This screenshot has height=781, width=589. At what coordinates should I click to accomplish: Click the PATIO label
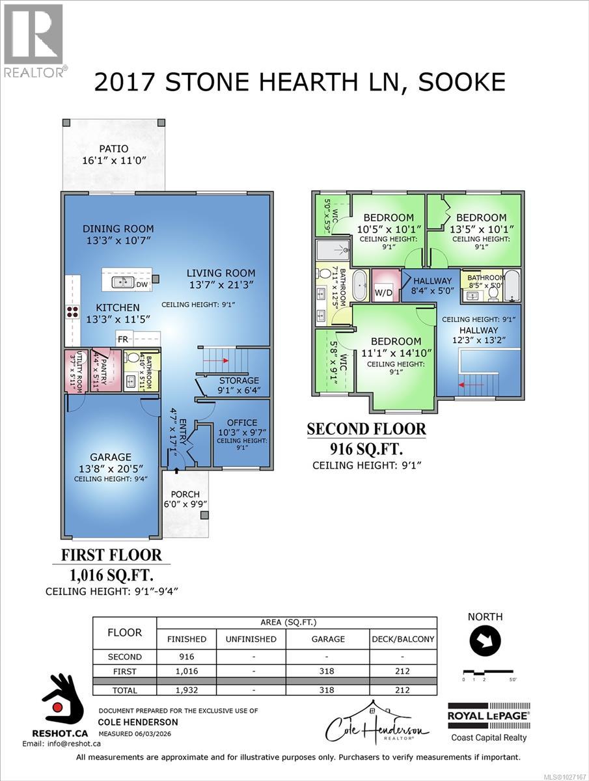point(113,149)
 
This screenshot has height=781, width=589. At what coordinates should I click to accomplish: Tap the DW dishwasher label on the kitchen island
point(142,283)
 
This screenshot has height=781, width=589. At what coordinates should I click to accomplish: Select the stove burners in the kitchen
point(72,311)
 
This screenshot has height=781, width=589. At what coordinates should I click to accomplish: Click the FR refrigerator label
point(122,338)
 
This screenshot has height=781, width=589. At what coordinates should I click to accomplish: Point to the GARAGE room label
point(111,457)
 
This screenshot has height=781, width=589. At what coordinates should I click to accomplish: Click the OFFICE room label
point(241,422)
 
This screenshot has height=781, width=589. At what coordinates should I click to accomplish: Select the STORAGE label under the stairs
point(239,380)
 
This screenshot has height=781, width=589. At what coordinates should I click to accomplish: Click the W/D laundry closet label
point(384,293)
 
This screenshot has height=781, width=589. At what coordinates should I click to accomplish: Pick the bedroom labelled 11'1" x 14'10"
point(396,342)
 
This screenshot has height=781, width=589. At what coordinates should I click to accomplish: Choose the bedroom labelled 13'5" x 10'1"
point(481,217)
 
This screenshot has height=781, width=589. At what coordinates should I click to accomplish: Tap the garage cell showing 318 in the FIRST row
point(328,670)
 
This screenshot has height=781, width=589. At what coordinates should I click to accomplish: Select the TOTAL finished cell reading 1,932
point(187,690)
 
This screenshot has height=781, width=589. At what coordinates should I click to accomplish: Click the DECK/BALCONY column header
point(403,639)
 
